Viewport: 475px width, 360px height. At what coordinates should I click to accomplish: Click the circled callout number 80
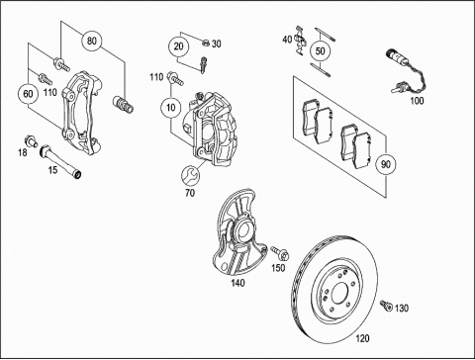tap(92, 41)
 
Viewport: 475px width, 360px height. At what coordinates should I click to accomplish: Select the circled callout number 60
tap(28, 94)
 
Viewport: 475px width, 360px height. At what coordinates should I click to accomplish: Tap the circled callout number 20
tap(178, 46)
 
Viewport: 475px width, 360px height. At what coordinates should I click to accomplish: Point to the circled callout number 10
tap(171, 108)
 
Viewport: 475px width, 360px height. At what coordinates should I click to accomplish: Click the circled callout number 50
tap(320, 51)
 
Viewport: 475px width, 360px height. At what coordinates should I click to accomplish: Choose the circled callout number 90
tap(386, 164)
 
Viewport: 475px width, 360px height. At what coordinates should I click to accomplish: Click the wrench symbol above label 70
tap(190, 175)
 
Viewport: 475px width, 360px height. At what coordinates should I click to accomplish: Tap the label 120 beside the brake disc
tap(362, 338)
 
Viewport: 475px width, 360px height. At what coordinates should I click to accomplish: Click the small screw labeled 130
tap(385, 306)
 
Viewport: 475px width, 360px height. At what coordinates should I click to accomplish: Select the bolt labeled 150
tap(280, 253)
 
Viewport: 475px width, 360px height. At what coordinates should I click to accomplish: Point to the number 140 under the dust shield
tap(237, 283)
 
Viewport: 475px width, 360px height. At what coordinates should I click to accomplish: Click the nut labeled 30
tap(205, 43)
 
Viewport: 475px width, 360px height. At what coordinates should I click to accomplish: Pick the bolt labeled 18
tap(31, 140)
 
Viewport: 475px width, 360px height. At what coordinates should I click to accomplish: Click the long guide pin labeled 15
tap(60, 160)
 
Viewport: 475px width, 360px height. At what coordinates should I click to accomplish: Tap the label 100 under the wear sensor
tap(417, 101)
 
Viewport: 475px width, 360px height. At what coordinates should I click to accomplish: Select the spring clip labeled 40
tap(301, 41)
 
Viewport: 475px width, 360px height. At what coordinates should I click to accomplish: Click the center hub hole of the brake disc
tap(339, 293)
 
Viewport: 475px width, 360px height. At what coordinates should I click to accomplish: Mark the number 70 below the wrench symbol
tap(190, 193)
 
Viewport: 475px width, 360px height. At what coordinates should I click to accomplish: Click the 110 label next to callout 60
tap(50, 92)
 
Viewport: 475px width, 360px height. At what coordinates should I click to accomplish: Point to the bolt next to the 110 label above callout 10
tap(175, 78)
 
